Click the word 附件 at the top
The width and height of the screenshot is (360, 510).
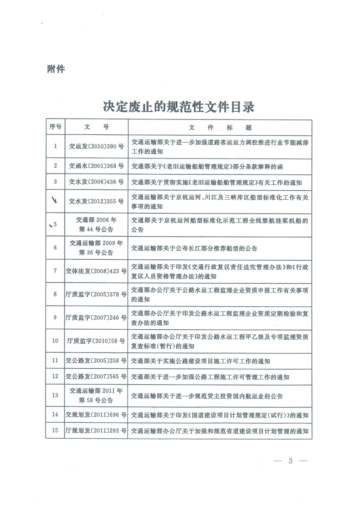click(56, 69)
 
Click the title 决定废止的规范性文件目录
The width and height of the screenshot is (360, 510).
click(179, 107)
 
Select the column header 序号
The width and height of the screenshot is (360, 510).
click(55, 127)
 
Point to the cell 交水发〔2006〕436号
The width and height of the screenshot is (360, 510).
click(96, 182)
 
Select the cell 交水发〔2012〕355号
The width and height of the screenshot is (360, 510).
click(96, 201)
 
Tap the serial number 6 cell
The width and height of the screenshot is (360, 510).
click(55, 248)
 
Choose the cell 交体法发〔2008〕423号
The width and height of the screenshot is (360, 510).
click(96, 271)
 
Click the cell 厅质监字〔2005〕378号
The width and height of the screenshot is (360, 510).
click(96, 294)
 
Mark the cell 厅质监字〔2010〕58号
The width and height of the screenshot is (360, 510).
click(96, 341)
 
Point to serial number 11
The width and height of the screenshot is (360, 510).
click(55, 361)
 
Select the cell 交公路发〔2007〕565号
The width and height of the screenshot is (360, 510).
click(96, 376)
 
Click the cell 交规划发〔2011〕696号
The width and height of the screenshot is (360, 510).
click(96, 415)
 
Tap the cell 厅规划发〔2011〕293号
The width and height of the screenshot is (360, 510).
click(96, 431)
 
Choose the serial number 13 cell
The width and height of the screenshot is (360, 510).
click(55, 395)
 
